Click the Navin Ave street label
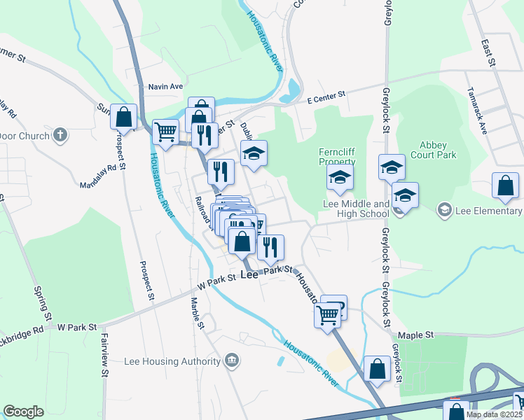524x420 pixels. [165, 87]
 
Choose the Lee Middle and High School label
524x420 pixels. [355, 208]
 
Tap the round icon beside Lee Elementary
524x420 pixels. [443, 210]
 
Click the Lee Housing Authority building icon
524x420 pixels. [232, 361]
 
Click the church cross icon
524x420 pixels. [61, 134]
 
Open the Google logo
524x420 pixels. [24, 412]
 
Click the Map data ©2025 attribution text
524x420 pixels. [494, 414]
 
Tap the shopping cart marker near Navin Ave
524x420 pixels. [166, 132]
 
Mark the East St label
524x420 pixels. [488, 53]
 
